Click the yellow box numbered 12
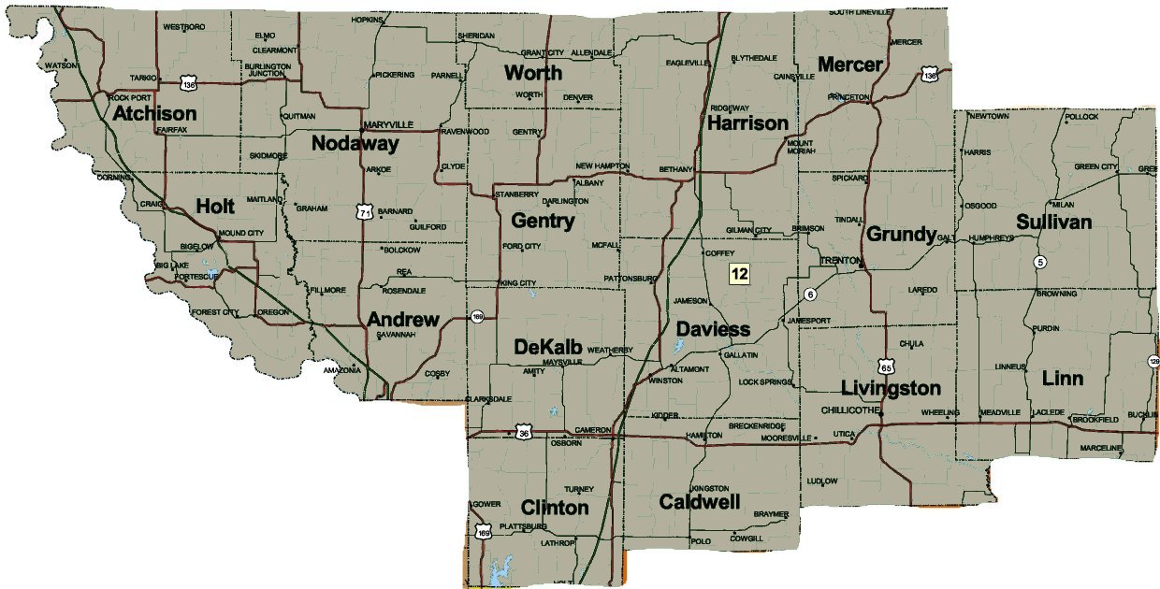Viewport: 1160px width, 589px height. point(739,273)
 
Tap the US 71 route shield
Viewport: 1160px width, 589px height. point(363,213)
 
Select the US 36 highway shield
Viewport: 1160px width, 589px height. point(524,432)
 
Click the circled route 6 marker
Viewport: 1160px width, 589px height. point(810,294)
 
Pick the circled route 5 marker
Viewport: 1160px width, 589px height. point(1039,262)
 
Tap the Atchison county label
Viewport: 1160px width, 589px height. point(155,114)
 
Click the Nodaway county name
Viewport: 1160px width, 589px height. point(355,144)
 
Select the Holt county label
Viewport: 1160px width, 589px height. point(215,207)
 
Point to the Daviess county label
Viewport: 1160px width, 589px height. point(713,329)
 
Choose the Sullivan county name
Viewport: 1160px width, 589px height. point(1054,223)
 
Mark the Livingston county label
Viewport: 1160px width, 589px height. point(890,387)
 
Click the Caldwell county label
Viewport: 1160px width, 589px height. point(700,503)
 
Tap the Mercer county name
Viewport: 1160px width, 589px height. point(849,65)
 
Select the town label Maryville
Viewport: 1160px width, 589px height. point(387,124)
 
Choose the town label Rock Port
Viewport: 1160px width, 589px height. point(129,97)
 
